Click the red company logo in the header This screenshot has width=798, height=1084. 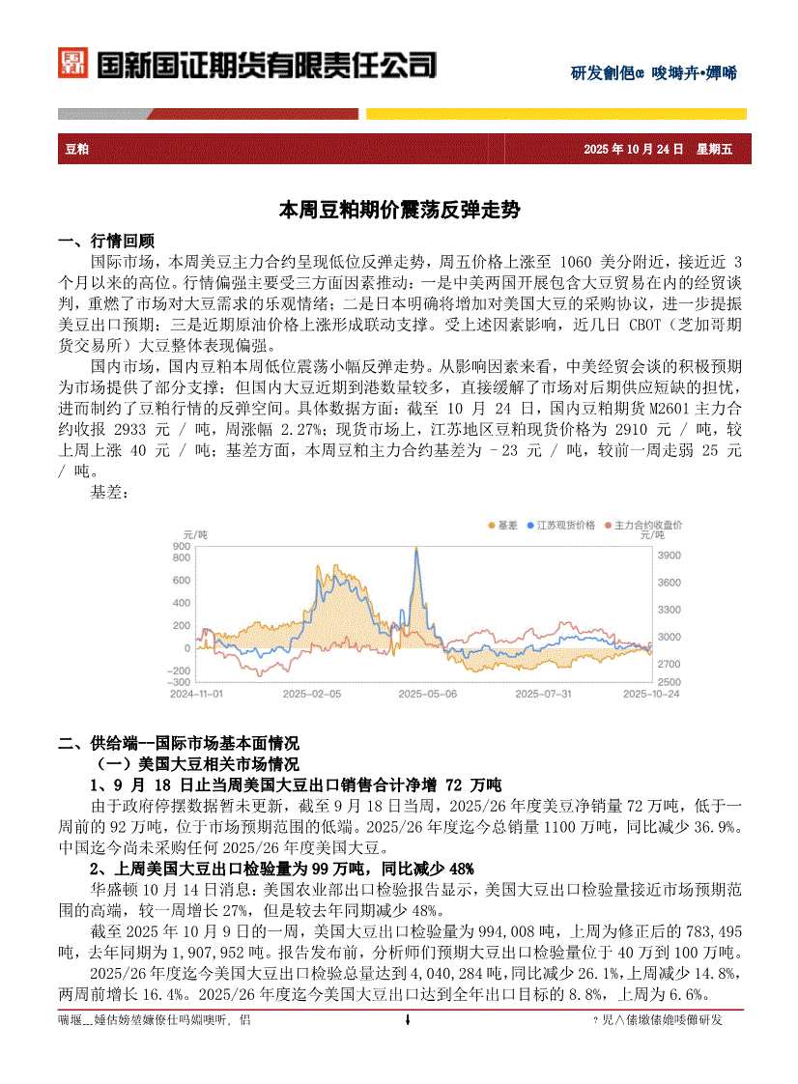tap(72, 64)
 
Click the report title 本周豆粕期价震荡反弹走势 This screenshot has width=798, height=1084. tap(398, 209)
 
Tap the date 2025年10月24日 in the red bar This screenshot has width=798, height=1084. tap(634, 149)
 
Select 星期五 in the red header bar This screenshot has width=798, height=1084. tap(715, 149)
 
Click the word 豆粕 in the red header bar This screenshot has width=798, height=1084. tap(77, 149)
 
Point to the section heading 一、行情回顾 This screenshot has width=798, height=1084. tap(106, 242)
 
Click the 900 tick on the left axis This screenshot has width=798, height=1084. tap(181, 547)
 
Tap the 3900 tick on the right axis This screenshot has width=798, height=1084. tap(669, 556)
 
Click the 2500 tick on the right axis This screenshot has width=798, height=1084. tap(669, 681)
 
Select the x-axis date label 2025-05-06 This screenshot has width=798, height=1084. tap(427, 694)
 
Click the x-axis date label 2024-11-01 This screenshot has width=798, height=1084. tap(196, 694)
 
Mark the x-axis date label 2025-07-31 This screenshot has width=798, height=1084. tap(543, 694)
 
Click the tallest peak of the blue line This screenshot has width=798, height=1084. tap(416, 549)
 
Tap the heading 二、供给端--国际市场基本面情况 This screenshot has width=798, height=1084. tap(179, 743)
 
